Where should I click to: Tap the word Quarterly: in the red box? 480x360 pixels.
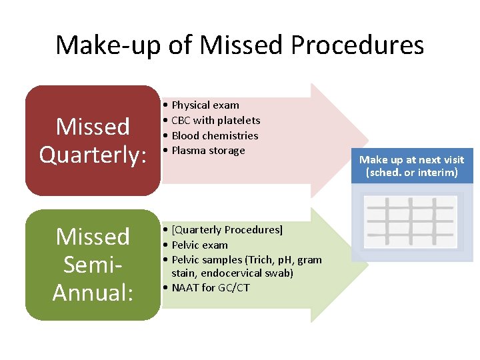[93, 154]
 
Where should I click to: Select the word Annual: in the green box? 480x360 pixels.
[93, 292]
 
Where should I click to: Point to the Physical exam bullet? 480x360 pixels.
[205, 105]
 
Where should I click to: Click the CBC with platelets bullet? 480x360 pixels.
[215, 120]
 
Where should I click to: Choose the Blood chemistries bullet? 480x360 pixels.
[215, 135]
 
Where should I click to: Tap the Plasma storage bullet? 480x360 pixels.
[208, 150]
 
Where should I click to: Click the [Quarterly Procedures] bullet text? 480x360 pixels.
[227, 229]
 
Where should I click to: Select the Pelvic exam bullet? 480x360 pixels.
[199, 245]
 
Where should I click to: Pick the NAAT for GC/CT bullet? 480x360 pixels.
[210, 288]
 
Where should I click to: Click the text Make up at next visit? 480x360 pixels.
[411, 160]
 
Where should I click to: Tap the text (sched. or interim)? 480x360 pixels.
[411, 173]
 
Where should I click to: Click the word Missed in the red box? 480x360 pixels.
[93, 126]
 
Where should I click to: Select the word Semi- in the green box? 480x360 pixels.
[93, 265]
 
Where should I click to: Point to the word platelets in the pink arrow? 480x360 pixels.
[240, 120]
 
